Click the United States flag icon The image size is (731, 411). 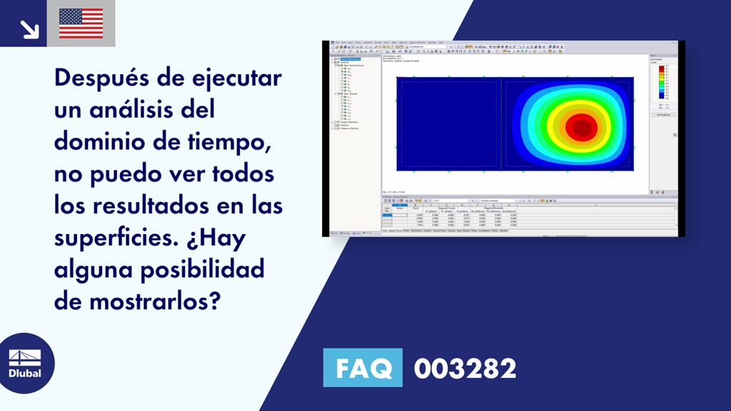click(x=81, y=24)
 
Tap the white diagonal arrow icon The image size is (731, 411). click(x=29, y=29)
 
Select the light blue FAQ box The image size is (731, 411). click(x=363, y=368)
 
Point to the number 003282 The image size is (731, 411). click(x=465, y=369)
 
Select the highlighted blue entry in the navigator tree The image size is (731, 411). click(x=350, y=59)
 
